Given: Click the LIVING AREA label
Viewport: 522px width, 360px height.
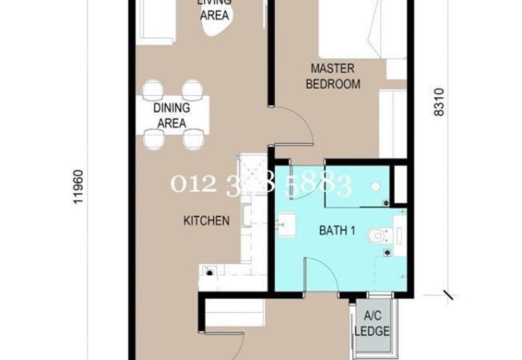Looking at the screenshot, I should pos(214,9).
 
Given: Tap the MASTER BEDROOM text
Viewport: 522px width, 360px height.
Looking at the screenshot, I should pos(333,76).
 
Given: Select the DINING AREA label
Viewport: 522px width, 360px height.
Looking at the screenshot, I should pos(172,115).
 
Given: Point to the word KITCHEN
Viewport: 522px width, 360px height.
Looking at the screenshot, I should pos(206,221).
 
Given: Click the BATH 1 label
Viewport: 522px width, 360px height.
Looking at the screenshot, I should pos(337,230).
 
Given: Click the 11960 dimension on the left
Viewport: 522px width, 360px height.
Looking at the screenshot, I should pos(79,188).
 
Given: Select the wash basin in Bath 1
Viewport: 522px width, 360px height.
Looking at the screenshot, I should pos(285,226).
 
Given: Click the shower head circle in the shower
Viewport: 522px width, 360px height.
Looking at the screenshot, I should pos(376,186).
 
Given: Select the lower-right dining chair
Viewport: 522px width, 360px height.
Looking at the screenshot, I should pos(193,138).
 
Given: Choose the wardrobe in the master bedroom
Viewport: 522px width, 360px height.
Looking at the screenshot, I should pos(393,124).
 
